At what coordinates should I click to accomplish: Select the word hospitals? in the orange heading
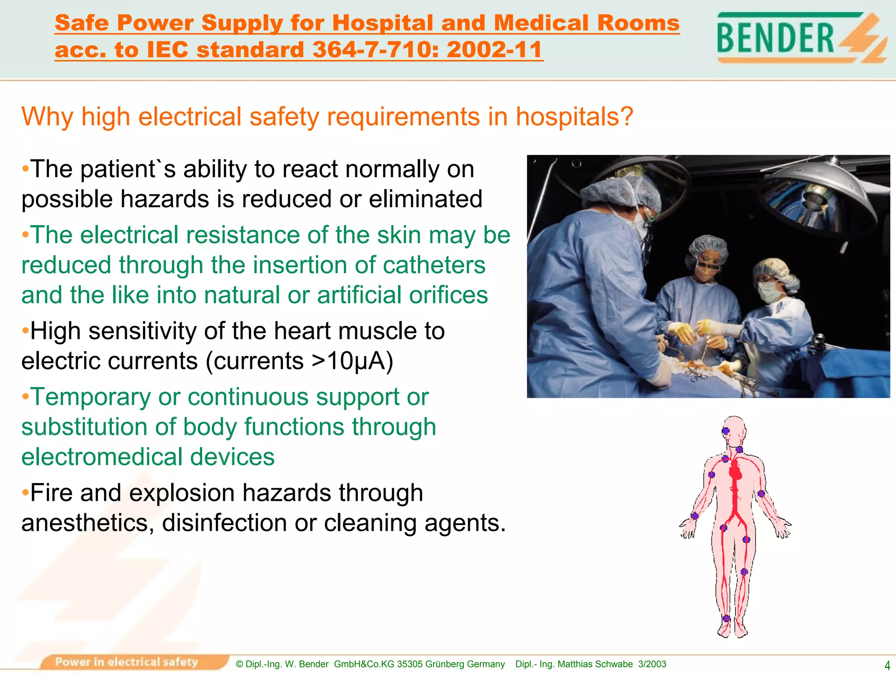[574, 117]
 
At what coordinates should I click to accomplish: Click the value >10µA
[352, 361]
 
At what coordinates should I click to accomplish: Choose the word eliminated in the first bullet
[425, 199]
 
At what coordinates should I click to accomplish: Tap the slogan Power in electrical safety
[126, 662]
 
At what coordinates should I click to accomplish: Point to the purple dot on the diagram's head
[726, 431]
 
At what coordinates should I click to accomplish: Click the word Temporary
[90, 397]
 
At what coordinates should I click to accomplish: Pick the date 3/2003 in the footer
[652, 664]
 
